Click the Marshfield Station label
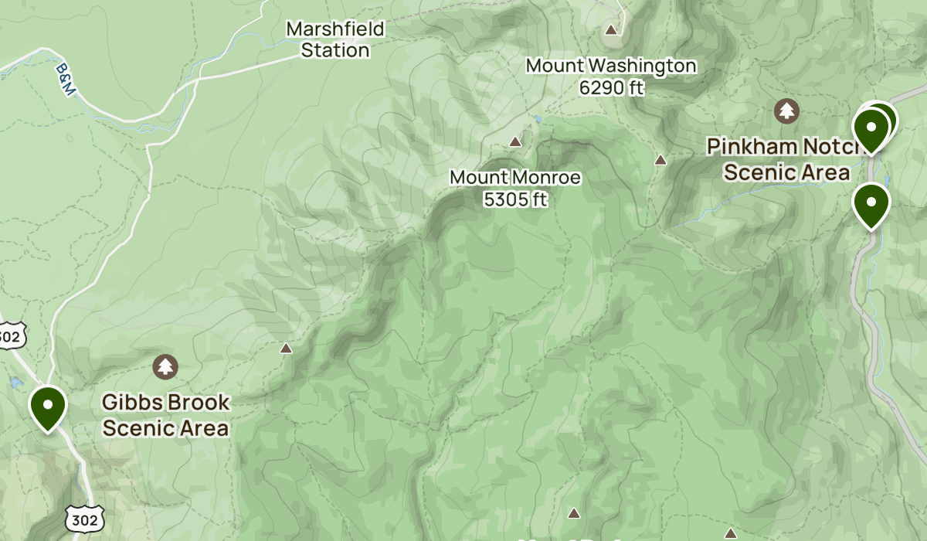334,40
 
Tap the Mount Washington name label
611,66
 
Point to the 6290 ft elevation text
611,88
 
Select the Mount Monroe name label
514,178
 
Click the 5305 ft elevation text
514,199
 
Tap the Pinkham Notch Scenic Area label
786,159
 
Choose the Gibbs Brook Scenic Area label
166,415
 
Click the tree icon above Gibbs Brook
165,366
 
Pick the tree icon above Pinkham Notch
786,111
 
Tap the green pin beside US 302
48,406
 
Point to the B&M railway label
66,80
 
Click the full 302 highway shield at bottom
83,520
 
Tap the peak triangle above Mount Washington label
611,30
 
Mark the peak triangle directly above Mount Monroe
515,141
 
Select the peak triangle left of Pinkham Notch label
660,160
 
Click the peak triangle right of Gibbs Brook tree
287,349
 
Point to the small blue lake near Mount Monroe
535,120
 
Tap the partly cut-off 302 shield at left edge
11,335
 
